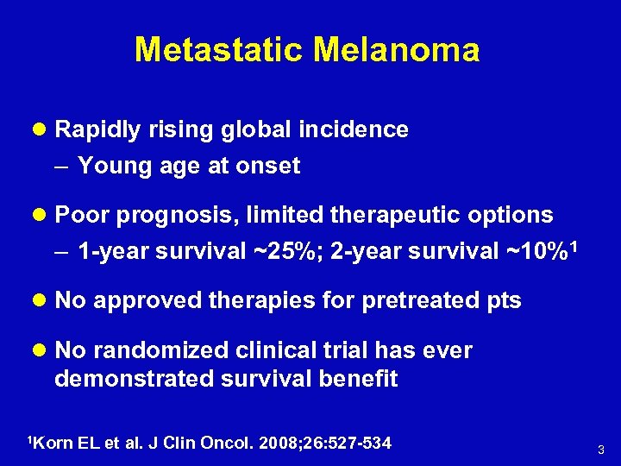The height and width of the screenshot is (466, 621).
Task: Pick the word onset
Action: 271,166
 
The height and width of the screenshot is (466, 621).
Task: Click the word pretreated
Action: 420,300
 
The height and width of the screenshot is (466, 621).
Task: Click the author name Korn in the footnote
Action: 53,443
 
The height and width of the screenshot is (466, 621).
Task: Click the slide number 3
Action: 601,450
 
